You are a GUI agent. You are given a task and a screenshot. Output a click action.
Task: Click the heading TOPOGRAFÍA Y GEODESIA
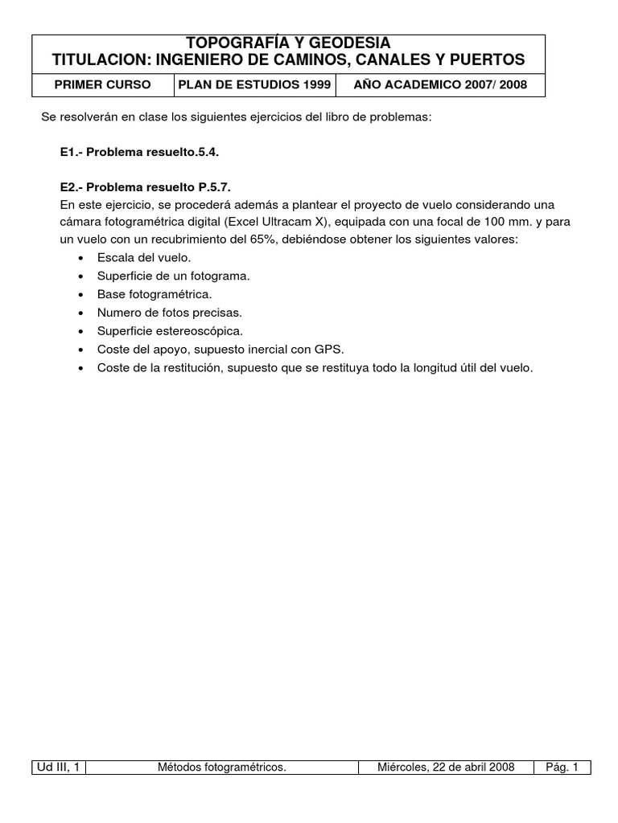288,43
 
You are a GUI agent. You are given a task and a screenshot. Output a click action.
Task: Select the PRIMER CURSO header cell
102,84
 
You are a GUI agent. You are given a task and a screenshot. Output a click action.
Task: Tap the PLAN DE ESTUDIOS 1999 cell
254,84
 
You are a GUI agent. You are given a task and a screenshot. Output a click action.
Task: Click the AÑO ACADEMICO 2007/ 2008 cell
440,84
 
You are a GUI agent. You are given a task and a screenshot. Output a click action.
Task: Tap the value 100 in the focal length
480,222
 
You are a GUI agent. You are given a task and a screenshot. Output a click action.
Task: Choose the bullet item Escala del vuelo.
143,258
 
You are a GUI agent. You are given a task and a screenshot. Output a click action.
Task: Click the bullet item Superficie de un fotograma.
173,276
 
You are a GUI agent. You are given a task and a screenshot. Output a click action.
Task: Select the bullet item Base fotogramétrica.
154,294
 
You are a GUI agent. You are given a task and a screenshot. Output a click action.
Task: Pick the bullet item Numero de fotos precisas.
169,313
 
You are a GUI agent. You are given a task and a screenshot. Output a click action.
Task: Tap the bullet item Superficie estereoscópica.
169,331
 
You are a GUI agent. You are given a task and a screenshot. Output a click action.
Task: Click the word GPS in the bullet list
330,350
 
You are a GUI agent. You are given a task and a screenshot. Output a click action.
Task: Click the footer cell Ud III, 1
58,768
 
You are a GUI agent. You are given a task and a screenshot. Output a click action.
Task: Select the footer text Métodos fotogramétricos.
222,768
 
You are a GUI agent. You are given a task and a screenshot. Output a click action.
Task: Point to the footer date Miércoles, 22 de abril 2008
446,768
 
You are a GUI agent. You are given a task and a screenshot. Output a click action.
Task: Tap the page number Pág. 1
562,768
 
